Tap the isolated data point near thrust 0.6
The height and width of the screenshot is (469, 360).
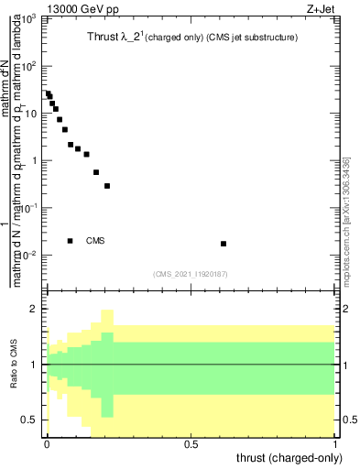224,244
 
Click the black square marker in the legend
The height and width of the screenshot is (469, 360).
71,241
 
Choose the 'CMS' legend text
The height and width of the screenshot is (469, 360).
95,241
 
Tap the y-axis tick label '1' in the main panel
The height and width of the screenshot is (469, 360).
35,160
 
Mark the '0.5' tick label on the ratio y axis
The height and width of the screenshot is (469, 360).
30,420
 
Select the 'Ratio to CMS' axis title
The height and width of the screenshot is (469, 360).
13,365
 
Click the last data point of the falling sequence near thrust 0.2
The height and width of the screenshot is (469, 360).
107,186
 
